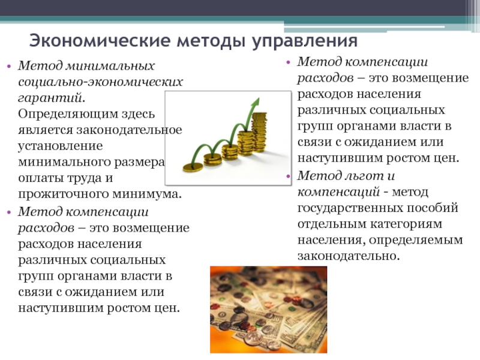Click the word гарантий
tap(50, 97)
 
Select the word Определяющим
tap(68, 113)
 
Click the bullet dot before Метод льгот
tap(288, 176)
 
